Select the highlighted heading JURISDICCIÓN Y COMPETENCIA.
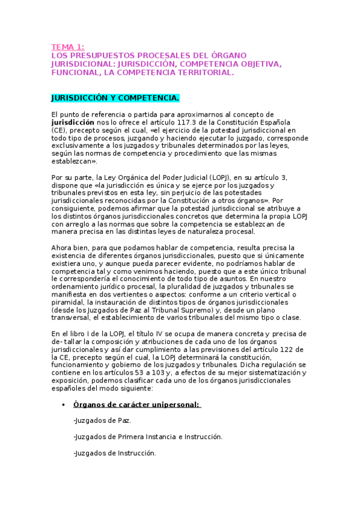point(115,97)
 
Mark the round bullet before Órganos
point(63,405)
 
